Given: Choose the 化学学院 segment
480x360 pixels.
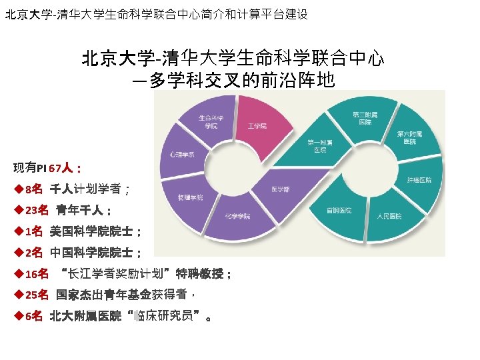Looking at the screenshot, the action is [237, 216].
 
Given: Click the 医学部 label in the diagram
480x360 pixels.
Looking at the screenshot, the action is [280, 189].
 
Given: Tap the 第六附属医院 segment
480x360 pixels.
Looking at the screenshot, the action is [409, 137].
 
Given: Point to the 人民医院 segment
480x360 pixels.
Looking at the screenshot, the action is [389, 216].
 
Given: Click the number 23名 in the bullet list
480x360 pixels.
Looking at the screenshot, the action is [37, 211].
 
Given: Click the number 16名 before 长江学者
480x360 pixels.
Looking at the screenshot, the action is [37, 273].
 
